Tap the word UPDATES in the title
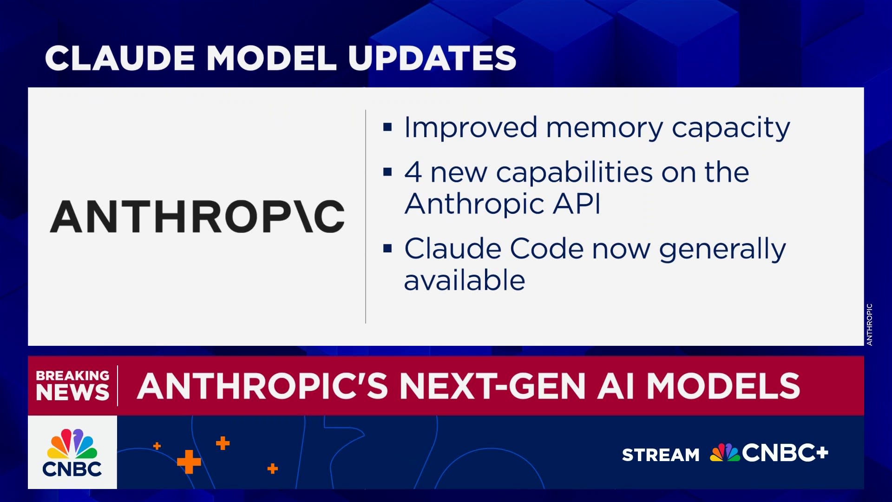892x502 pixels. click(x=432, y=59)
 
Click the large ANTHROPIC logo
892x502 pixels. click(x=197, y=217)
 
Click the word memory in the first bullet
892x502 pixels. click(x=604, y=128)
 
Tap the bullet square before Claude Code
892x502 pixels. click(x=387, y=249)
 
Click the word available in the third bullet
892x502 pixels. click(x=465, y=280)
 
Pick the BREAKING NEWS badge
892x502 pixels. click(x=72, y=385)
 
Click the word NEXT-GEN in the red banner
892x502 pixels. click(x=492, y=386)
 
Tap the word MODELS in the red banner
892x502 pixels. click(x=723, y=386)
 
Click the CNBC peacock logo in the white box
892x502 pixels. click(x=72, y=444)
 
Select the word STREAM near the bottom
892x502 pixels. click(x=661, y=455)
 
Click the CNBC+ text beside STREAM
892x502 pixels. click(x=785, y=453)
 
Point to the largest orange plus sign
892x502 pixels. click(x=189, y=462)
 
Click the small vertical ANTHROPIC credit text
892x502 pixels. click(x=869, y=324)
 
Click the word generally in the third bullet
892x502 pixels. click(x=722, y=250)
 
